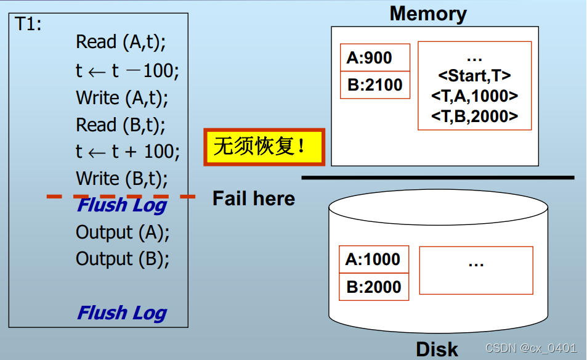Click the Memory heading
[428, 14]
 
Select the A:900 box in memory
[374, 58]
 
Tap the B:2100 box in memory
[374, 85]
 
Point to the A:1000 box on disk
[374, 260]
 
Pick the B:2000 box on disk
[374, 287]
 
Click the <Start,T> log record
[474, 76]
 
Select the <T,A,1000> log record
[474, 96]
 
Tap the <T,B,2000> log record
[474, 115]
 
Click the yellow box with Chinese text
[264, 147]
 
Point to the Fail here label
[254, 198]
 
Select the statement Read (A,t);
[121, 43]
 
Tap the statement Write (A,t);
[122, 98]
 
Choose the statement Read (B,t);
[121, 125]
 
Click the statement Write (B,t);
[122, 179]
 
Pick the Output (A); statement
[123, 232]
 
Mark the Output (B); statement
[123, 259]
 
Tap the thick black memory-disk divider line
[437, 178]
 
